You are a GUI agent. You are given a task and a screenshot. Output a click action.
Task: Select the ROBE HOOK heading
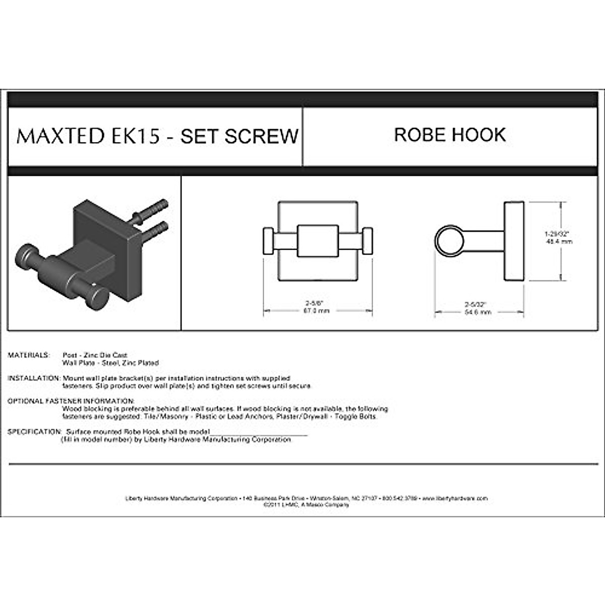450,135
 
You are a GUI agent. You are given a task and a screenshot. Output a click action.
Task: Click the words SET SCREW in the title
239,136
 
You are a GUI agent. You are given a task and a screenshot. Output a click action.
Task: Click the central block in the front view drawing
317,241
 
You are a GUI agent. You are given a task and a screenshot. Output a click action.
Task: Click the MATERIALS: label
29,355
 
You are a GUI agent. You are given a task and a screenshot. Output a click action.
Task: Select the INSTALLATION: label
34,378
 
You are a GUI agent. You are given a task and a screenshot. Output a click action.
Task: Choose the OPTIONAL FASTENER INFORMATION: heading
71,401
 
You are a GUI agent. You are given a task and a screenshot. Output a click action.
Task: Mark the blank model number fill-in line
258,433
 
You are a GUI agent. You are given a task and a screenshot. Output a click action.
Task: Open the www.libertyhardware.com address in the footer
455,498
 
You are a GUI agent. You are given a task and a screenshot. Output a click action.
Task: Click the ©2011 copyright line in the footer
306,504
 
